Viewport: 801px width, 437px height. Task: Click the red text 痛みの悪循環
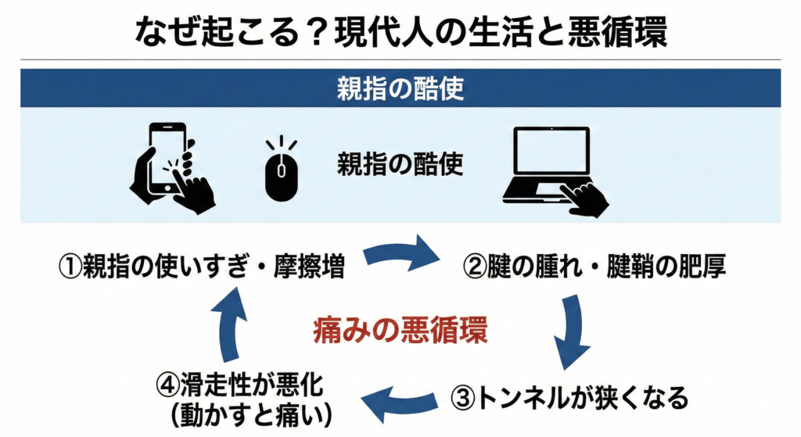pos(400,331)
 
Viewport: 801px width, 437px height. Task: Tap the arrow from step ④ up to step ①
pos(232,328)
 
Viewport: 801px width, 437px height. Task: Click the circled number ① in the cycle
pos(71,267)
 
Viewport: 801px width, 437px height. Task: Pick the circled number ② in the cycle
pos(476,267)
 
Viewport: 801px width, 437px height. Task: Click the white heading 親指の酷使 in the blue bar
pos(400,88)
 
